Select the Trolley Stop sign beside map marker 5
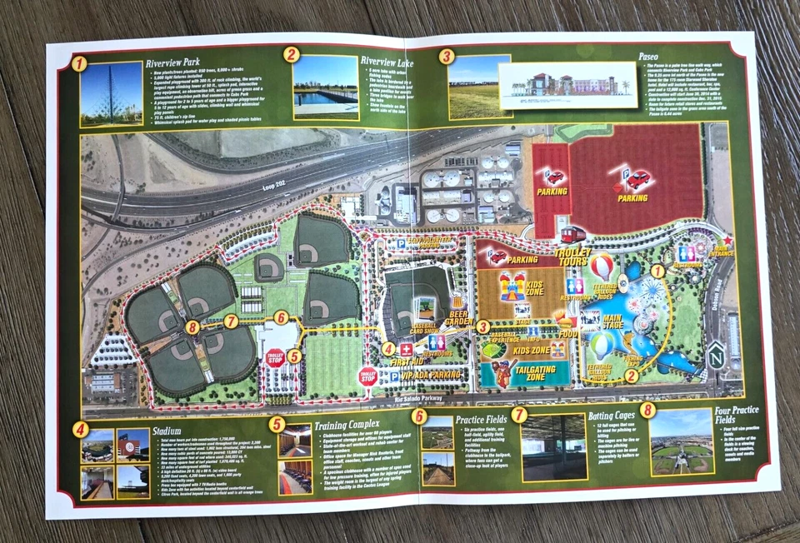274,359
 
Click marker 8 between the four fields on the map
193,328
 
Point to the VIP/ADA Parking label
428,376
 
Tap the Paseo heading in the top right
648,57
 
